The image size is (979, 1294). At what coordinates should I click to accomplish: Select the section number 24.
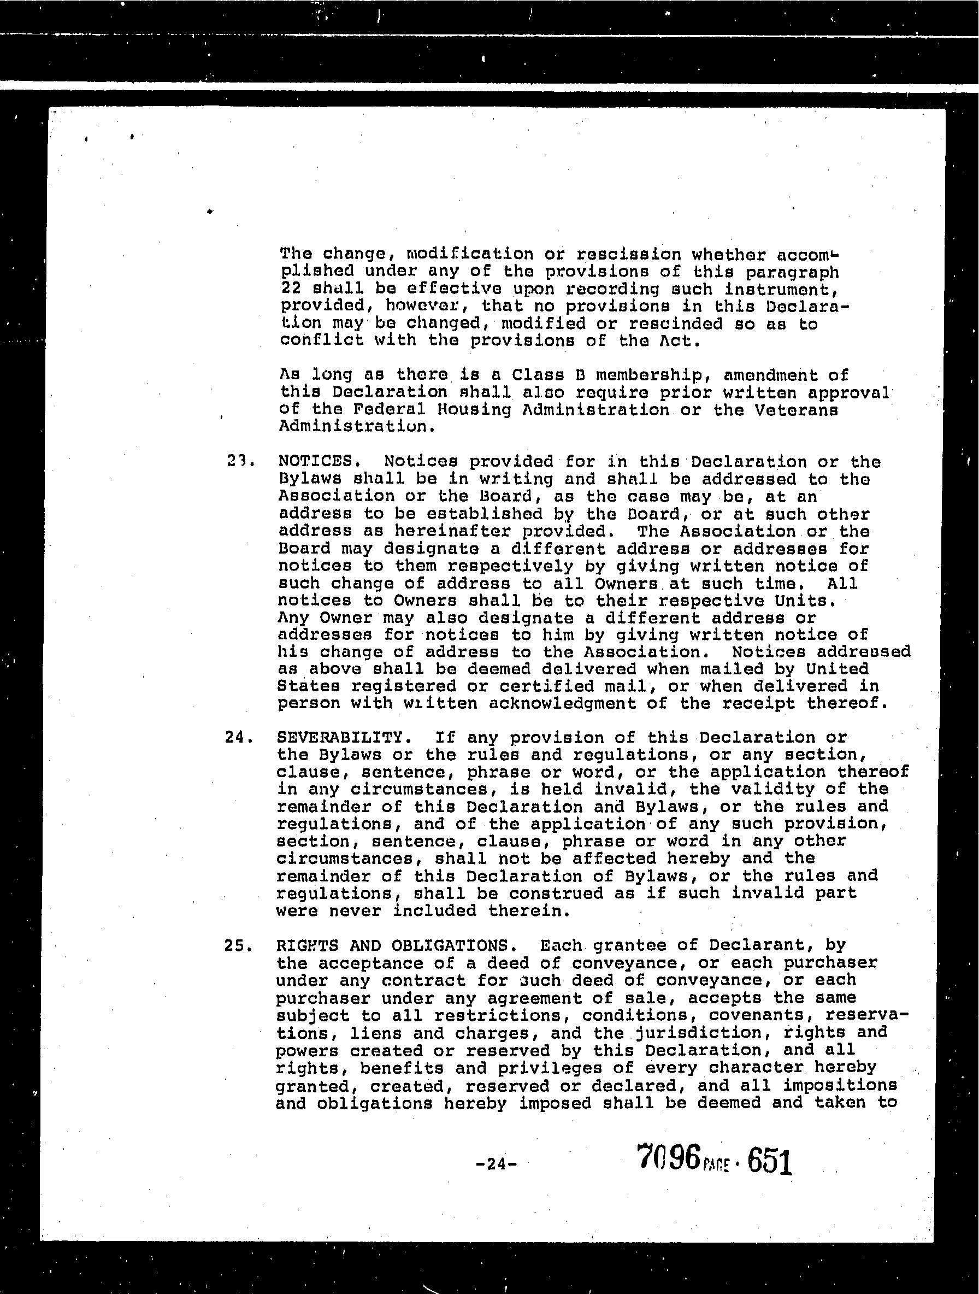239,738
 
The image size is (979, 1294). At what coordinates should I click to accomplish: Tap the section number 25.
238,946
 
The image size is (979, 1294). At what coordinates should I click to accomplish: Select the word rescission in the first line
629,255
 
